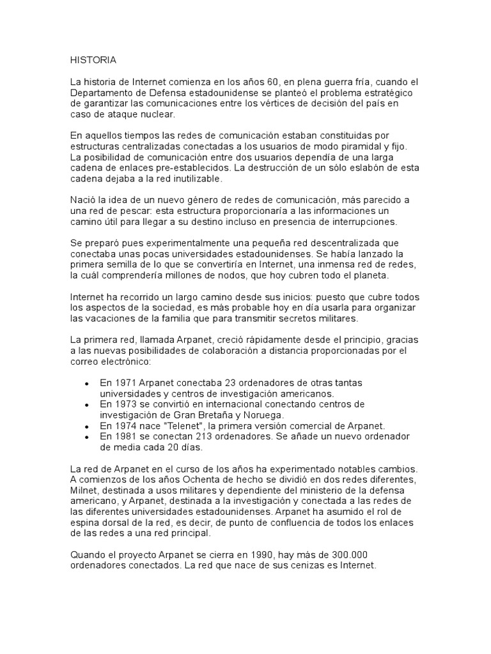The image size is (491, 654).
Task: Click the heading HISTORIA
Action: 93,60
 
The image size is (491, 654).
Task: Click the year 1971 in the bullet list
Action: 128,383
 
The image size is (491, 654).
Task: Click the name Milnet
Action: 84,490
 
